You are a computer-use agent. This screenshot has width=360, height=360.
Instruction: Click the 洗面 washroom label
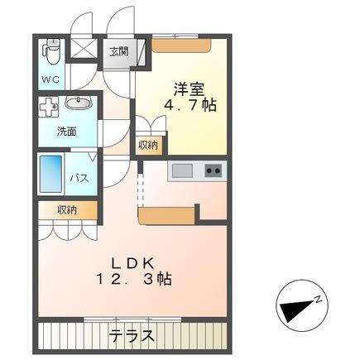[67, 131]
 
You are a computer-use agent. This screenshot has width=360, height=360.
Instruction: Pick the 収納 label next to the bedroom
[149, 146]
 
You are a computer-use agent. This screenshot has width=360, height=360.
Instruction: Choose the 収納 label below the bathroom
[67, 210]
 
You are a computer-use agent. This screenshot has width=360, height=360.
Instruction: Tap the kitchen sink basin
[182, 170]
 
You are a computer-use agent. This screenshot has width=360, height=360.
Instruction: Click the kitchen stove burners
[213, 170]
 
